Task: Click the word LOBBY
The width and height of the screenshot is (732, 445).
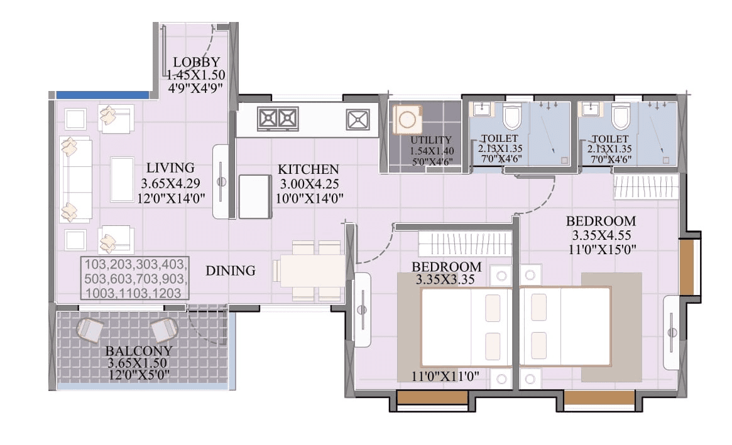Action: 197,62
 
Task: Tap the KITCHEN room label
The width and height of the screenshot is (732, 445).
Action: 309,169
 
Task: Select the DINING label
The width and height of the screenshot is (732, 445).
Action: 231,271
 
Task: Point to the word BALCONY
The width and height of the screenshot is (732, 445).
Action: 139,351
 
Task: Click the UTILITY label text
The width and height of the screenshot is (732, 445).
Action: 431,140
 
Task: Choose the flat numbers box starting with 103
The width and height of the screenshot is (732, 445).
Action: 135,278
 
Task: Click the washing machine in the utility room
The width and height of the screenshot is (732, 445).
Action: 405,119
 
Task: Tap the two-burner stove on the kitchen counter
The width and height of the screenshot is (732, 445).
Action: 278,118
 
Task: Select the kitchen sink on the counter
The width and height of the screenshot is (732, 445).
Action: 358,119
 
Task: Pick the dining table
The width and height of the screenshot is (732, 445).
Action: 312,271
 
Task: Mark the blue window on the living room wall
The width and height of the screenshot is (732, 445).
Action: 102,95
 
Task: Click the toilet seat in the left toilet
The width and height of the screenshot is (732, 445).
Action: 512,117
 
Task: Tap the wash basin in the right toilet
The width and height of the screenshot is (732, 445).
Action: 591,110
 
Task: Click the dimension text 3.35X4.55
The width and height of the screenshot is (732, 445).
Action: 601,235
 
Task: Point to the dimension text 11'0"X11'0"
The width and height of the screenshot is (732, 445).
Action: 446,377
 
